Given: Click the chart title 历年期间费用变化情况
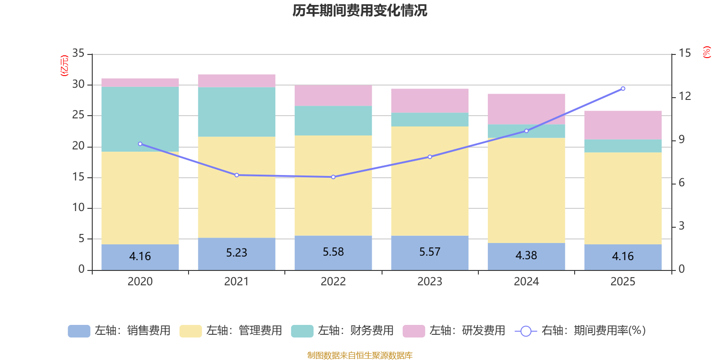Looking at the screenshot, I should click(360, 10).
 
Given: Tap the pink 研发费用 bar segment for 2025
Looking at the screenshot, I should click(623, 125).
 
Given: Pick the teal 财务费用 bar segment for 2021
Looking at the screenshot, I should click(237, 112).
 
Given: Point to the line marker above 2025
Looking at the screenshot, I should click(623, 89).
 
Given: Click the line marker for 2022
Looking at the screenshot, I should click(333, 177).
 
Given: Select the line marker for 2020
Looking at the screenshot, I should click(140, 144).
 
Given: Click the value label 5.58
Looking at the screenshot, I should click(333, 252).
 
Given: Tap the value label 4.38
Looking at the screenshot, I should click(526, 256).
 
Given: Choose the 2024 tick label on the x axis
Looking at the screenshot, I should click(526, 282).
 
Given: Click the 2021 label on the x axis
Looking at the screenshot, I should click(237, 282).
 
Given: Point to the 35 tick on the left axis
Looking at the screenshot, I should click(78, 53).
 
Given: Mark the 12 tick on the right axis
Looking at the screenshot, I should click(685, 96).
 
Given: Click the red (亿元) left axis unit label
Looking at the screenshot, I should click(64, 66).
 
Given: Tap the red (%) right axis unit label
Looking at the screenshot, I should click(707, 52).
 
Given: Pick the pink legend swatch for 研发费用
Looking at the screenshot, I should click(414, 331).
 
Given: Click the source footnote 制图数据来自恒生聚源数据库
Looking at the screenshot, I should click(360, 355).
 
